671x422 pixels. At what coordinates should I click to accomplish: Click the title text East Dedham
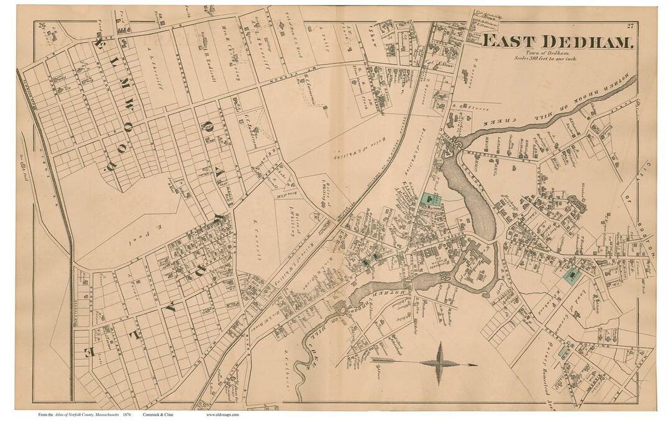557,42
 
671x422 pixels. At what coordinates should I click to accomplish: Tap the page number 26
42,25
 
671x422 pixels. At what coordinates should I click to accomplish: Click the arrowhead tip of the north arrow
476,364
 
